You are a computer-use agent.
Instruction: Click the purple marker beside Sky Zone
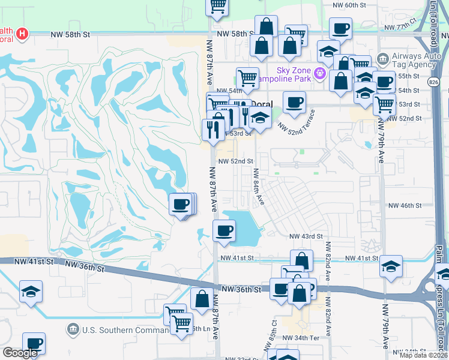click(321, 73)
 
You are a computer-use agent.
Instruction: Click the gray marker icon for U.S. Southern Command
click(73, 329)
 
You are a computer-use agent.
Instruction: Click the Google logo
click(20, 353)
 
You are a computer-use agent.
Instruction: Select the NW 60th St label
click(349, 5)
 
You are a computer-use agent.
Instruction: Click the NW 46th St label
click(405, 206)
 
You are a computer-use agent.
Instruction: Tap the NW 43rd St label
click(306, 236)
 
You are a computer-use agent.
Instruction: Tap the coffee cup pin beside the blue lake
click(224, 231)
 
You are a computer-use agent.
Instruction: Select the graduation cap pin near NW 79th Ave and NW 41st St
click(391, 266)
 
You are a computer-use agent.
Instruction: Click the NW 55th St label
click(408, 76)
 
